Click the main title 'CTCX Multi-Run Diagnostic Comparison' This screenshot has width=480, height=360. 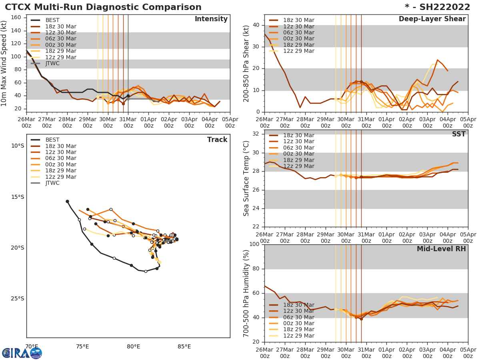[103, 7]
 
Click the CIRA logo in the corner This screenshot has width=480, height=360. [22, 353]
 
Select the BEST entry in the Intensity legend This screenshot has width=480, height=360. [52, 20]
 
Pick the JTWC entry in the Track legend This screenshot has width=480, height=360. [52, 183]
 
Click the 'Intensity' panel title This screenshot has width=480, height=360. [211, 19]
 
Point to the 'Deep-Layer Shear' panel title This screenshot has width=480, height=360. [432, 19]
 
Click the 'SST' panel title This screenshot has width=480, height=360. [458, 134]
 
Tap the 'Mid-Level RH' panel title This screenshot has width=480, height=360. [441, 249]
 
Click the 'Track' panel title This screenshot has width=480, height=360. [217, 140]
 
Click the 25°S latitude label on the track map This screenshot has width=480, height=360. [17, 298]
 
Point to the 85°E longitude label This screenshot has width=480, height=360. [184, 346]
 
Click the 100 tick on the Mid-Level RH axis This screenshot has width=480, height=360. [255, 244]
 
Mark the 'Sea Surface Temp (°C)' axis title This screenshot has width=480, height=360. [246, 178]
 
